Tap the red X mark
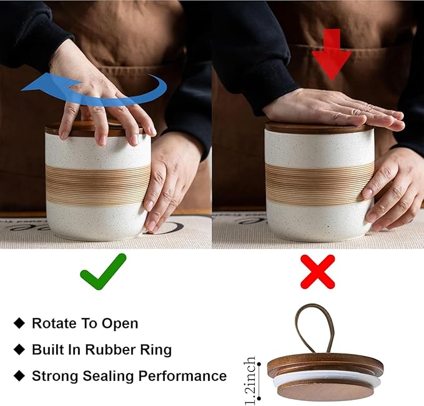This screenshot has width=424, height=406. pyautogui.click(x=318, y=272)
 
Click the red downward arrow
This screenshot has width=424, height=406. pyautogui.click(x=332, y=54)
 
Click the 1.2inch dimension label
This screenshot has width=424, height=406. pyautogui.click(x=250, y=380)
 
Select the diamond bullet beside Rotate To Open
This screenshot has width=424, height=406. pyautogui.click(x=19, y=323)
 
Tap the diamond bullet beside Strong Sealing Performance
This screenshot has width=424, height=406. pyautogui.click(x=19, y=375)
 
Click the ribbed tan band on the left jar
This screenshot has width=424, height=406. pyautogui.click(x=98, y=185)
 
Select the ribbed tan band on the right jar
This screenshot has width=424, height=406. pyautogui.click(x=319, y=182)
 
